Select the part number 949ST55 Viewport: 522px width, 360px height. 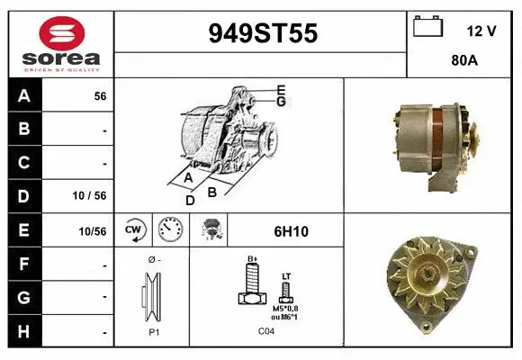(263, 34)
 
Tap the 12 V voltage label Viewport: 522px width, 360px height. (481, 31)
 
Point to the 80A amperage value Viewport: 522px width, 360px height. (463, 62)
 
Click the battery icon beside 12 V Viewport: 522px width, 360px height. (427, 28)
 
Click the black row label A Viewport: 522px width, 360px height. (25, 95)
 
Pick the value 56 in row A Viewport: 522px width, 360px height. (100, 95)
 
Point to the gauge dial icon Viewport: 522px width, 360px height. (170, 230)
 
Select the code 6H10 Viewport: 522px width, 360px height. (290, 231)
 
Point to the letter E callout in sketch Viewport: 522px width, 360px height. (282, 89)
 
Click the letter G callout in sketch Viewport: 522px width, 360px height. (282, 101)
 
